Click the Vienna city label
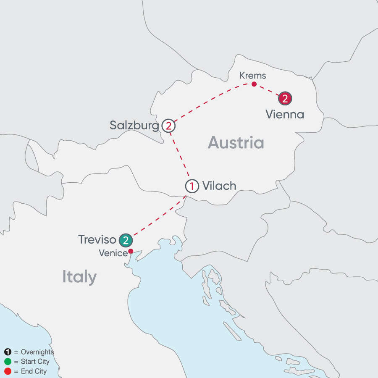point(284,114)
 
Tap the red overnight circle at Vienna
point(285,98)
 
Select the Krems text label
point(253,76)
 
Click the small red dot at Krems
point(254,84)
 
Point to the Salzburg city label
point(134,125)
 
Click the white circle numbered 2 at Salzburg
point(168,126)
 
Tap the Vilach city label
point(219,186)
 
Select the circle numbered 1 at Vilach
point(192,186)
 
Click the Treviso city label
point(97,240)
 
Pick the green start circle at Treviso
point(125,240)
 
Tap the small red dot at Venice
point(131,251)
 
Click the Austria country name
point(236,143)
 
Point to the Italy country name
point(79,277)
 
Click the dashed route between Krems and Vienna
point(268,90)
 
